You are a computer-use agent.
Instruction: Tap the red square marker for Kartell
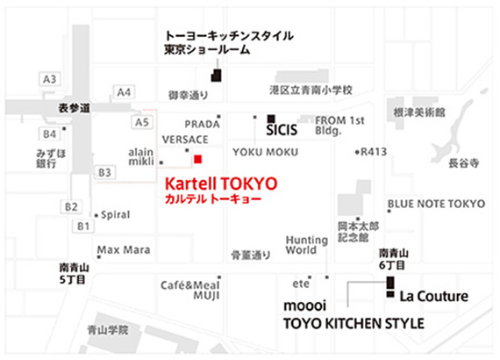click(x=198, y=159)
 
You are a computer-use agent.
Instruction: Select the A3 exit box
click(x=49, y=80)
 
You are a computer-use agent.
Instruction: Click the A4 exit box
click(x=124, y=92)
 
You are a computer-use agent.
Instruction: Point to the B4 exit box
click(x=49, y=133)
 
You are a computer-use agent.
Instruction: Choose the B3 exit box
click(x=105, y=172)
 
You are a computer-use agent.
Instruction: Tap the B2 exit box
click(x=71, y=206)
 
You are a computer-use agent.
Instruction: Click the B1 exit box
click(x=83, y=227)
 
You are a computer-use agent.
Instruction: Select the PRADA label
click(x=202, y=125)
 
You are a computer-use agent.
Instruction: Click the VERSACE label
click(x=184, y=140)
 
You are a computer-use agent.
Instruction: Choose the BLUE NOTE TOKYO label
click(x=436, y=204)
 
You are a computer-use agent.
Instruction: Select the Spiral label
click(x=116, y=214)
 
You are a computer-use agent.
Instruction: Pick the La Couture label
click(x=433, y=297)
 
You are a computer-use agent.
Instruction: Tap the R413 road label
click(x=375, y=151)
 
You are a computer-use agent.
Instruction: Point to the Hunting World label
click(x=306, y=244)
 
